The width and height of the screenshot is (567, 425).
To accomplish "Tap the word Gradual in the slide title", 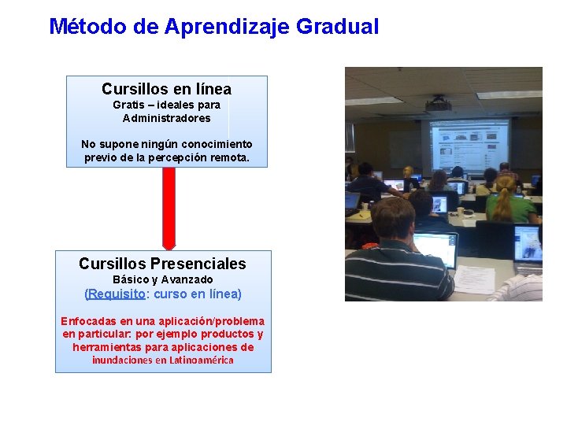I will [338, 27].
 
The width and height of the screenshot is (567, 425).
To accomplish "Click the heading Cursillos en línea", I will [166, 89].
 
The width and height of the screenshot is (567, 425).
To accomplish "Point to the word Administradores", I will [166, 119].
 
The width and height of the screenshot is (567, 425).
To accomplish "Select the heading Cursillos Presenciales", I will [162, 264].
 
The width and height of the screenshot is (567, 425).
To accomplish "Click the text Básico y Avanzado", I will [162, 280].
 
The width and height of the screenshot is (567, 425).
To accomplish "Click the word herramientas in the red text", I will [108, 347].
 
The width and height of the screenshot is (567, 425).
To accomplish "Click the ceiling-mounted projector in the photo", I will [438, 103].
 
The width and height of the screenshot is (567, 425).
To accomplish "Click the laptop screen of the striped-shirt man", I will [435, 248].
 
